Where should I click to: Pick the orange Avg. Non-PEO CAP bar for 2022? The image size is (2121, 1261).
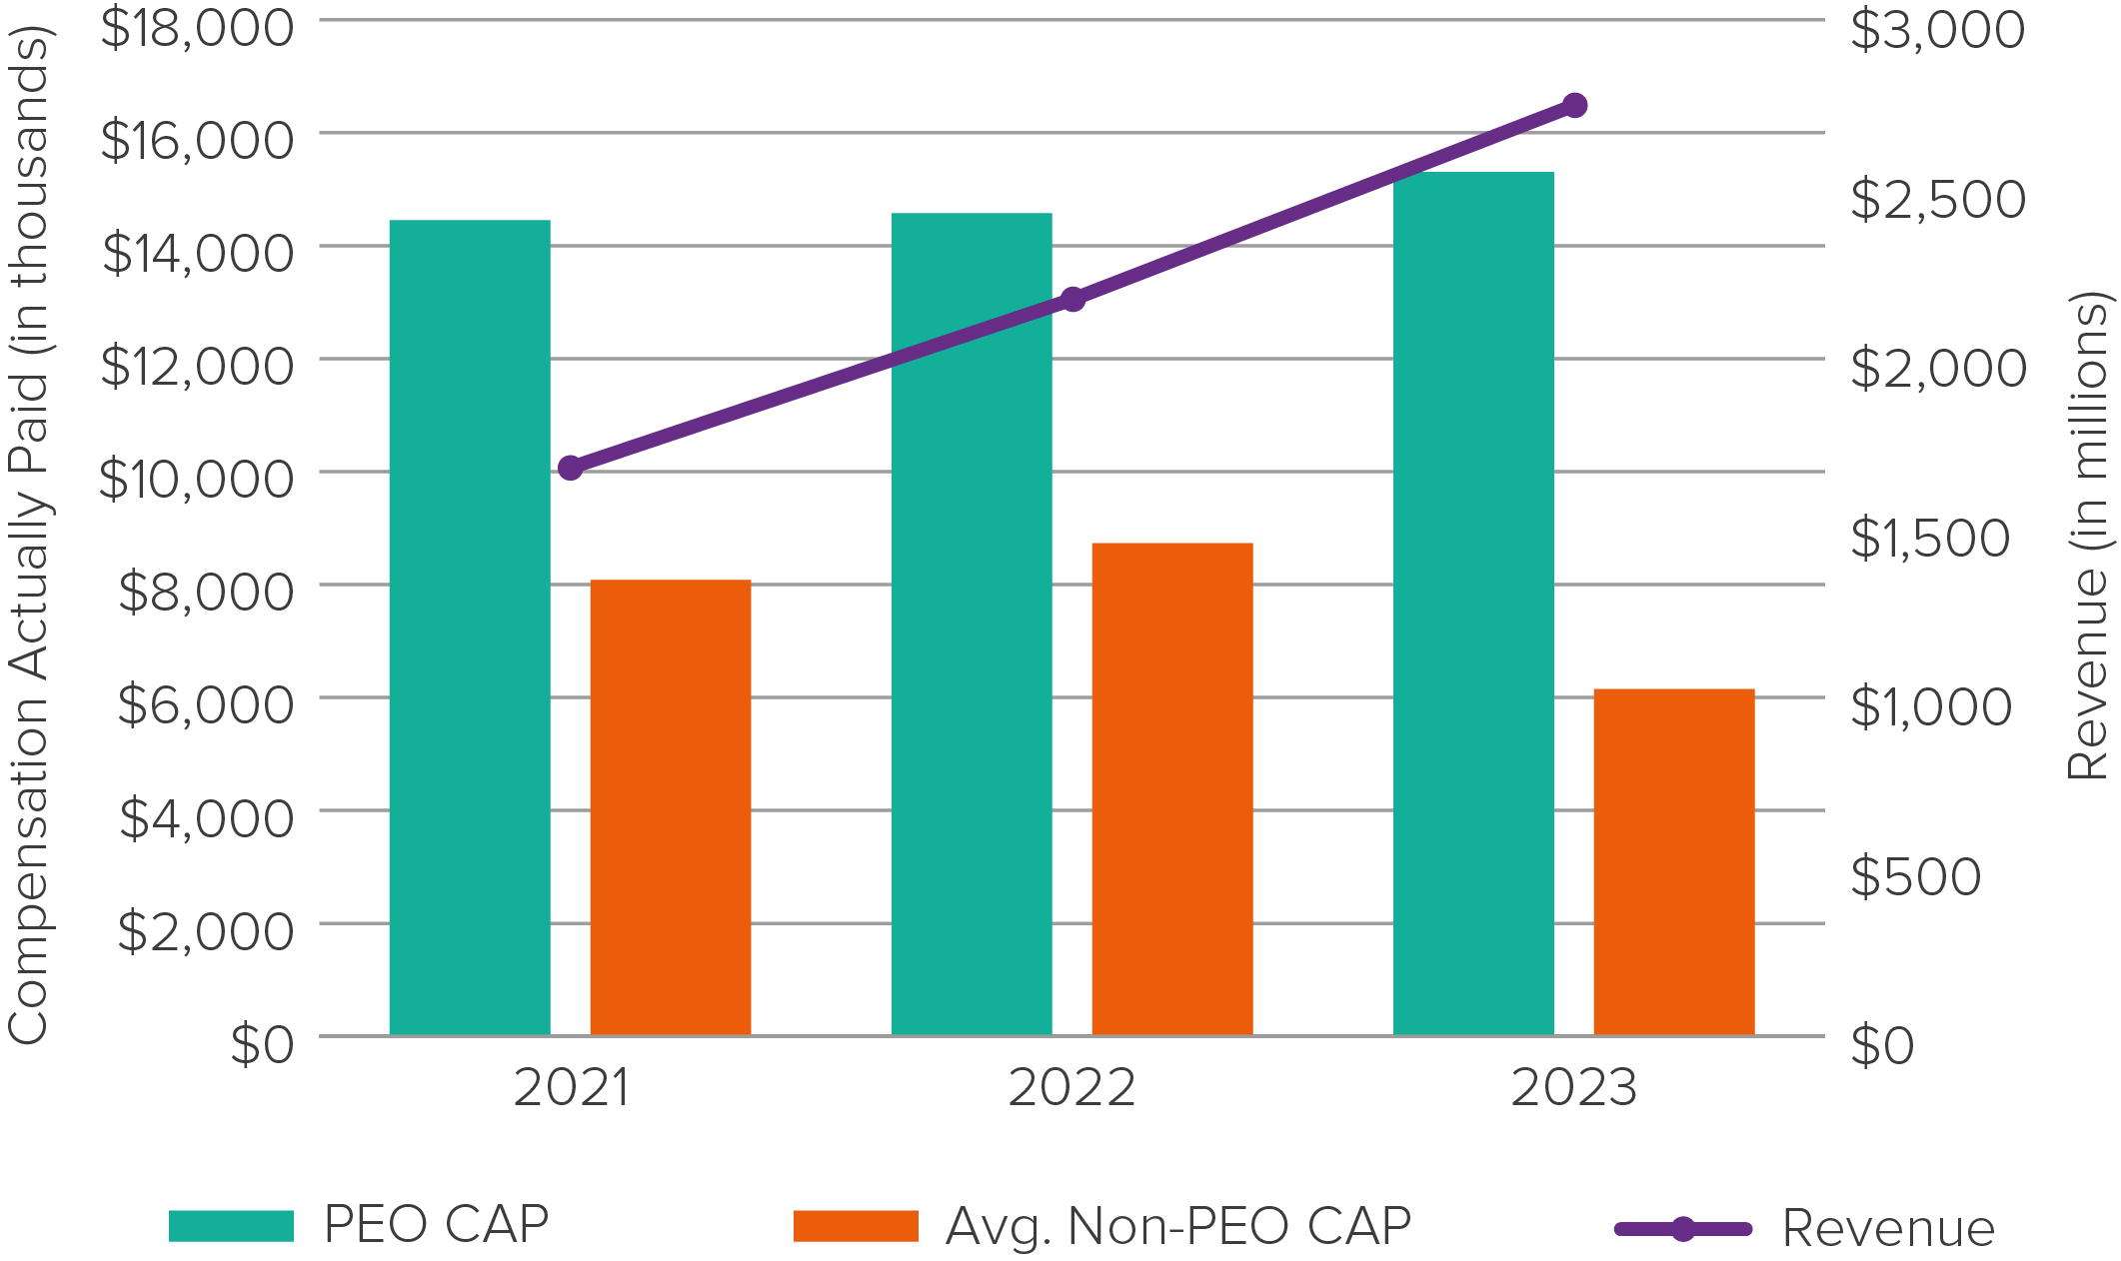point(1172,789)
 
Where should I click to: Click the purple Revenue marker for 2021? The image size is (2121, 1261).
point(570,468)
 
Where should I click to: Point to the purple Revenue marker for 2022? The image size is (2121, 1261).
point(1072,299)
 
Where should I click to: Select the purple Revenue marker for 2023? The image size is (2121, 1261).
point(1574,106)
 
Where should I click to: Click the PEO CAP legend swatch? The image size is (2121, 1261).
point(231,1226)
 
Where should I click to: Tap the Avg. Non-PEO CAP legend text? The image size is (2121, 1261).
point(1178,1226)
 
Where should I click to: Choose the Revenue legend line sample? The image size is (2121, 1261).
point(1683,1229)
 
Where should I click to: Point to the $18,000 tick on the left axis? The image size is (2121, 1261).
point(197,27)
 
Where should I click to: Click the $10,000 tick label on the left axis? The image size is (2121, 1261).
point(197,479)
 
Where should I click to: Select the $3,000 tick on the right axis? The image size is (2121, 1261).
point(1937,29)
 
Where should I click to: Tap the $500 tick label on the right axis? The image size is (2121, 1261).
point(1915,876)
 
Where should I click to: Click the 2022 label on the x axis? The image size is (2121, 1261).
point(1071,1087)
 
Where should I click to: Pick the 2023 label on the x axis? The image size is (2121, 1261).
point(1573,1087)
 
